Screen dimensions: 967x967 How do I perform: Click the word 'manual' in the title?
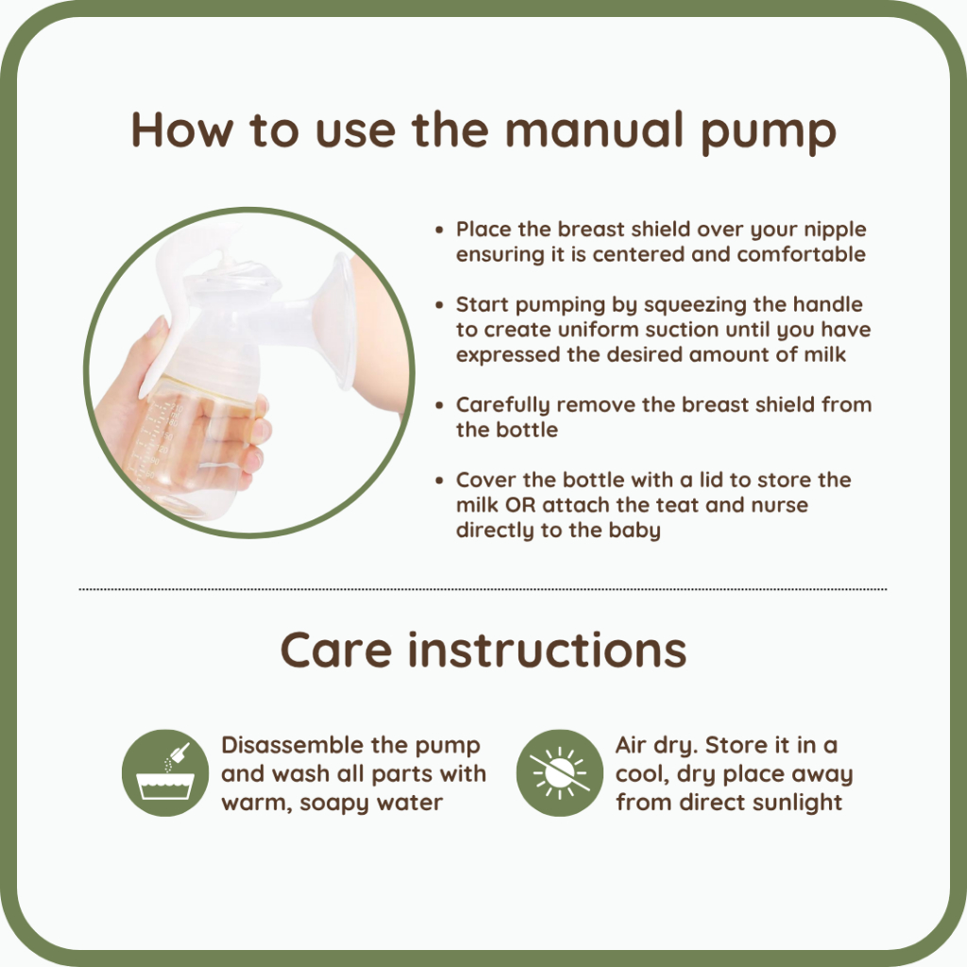coord(594,129)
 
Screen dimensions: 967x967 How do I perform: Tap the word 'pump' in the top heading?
coord(768,134)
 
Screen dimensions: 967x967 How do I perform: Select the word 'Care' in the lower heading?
coord(336,650)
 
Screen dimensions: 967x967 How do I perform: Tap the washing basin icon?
coord(164,772)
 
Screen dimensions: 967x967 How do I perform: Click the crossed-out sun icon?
coord(559,772)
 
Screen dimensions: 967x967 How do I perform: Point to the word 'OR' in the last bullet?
coord(520,505)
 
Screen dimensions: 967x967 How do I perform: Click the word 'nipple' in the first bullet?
coord(835,230)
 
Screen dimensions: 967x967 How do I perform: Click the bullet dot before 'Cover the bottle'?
coord(439,481)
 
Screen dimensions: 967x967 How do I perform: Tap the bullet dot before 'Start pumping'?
coord(439,305)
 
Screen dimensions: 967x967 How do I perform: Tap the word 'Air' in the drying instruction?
coord(630,745)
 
